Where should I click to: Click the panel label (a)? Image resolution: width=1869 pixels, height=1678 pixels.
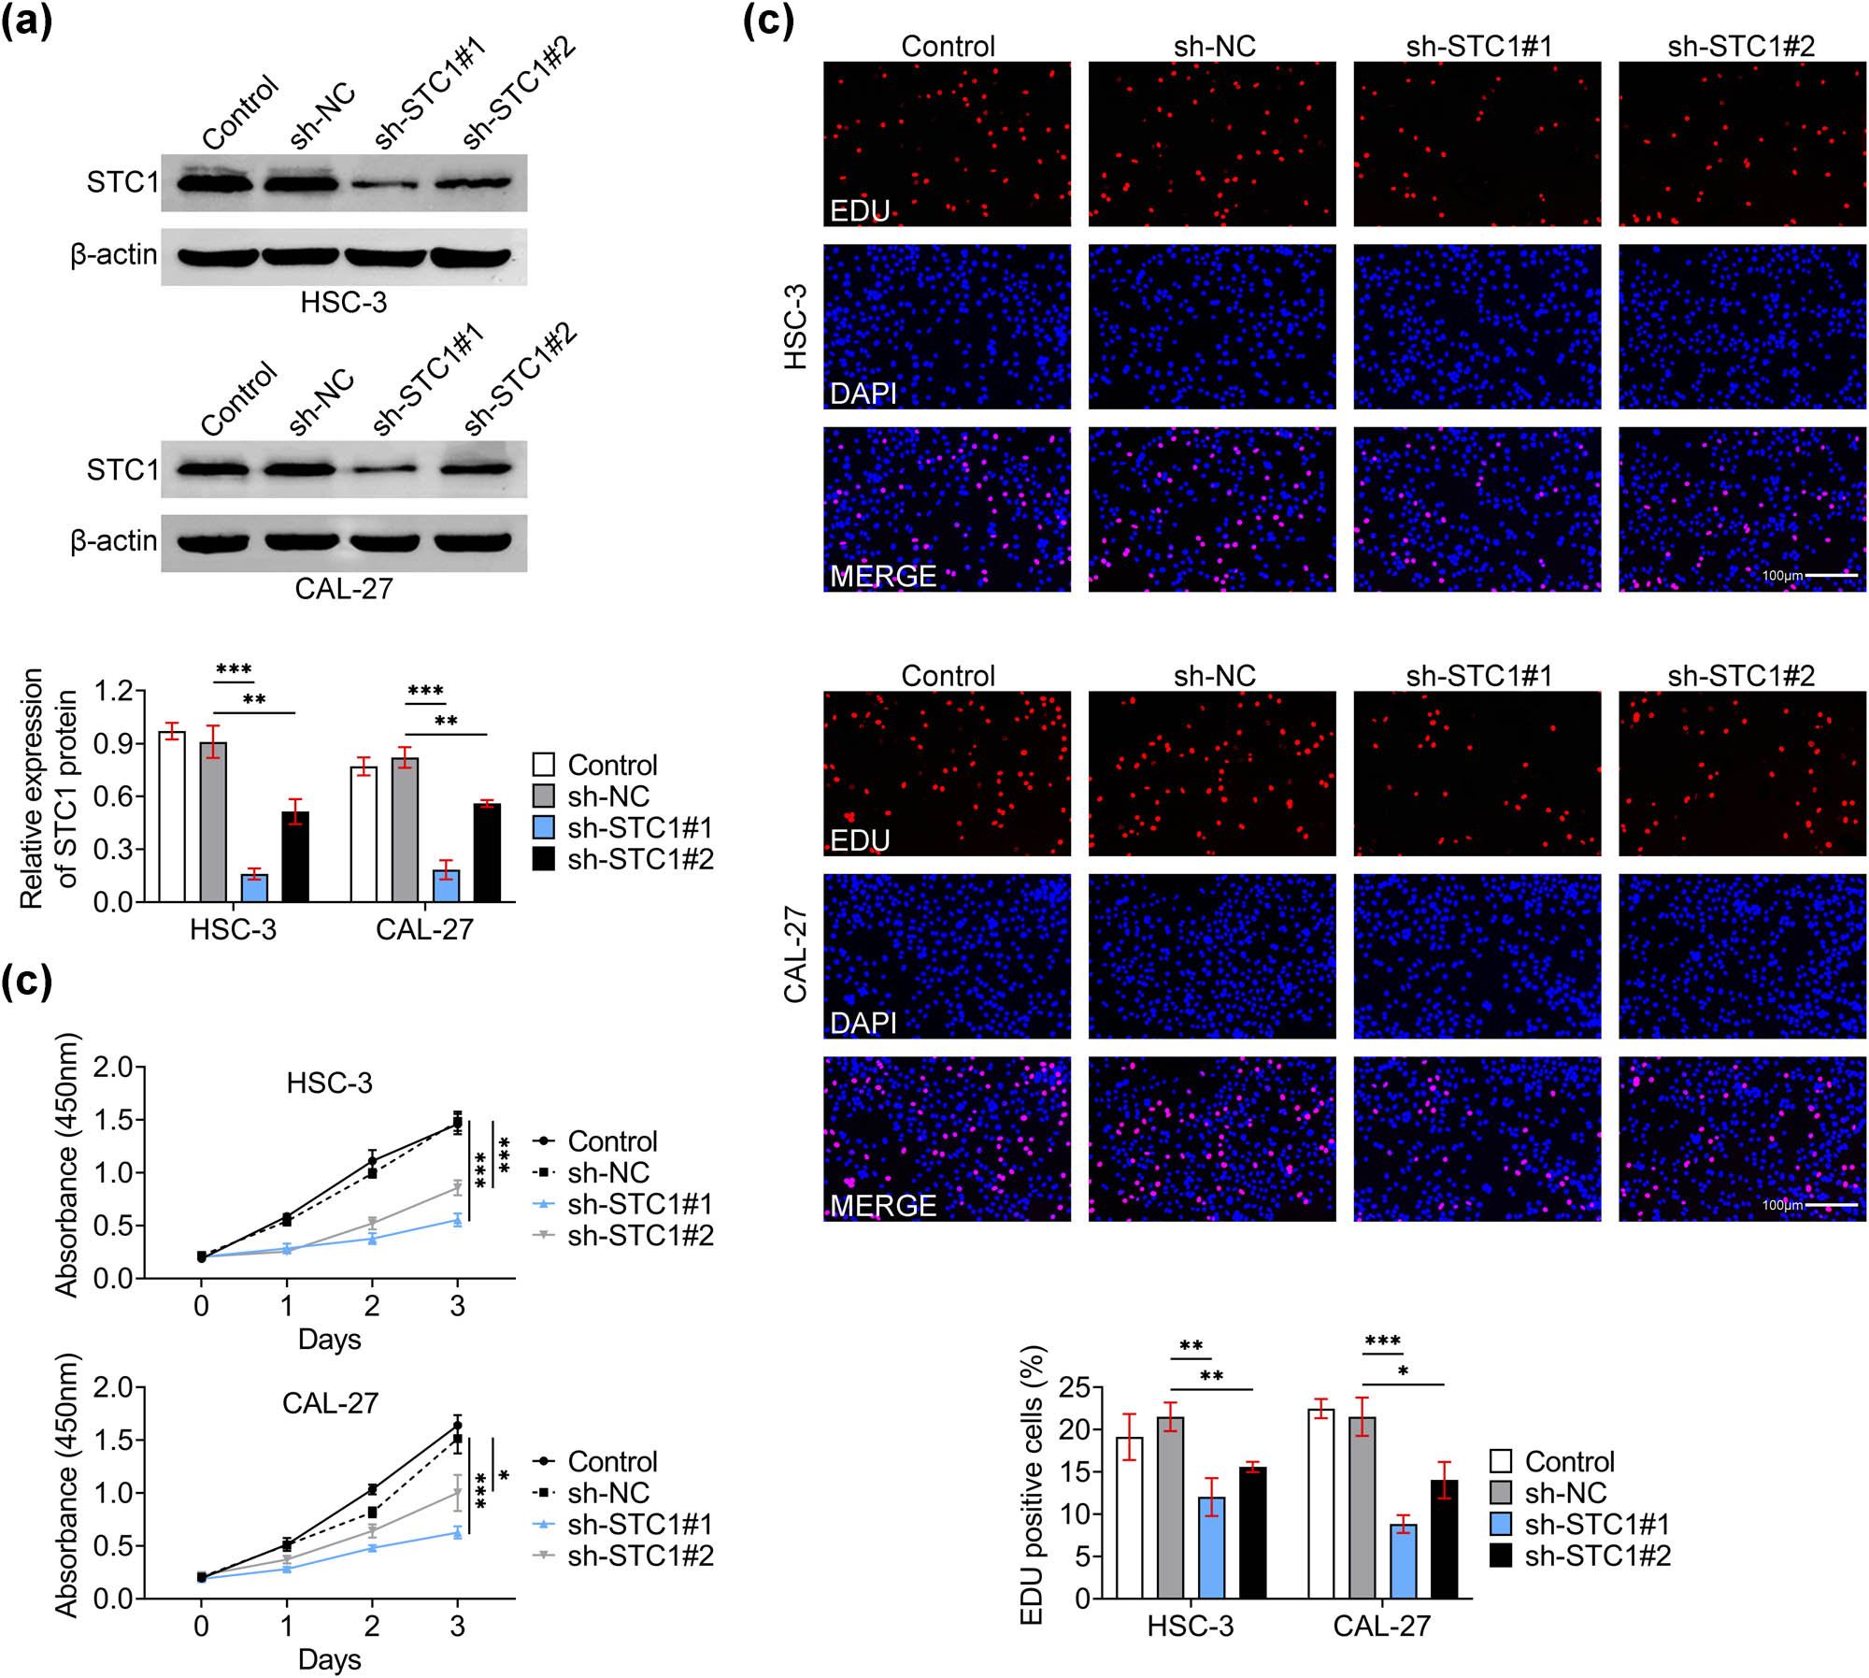26,21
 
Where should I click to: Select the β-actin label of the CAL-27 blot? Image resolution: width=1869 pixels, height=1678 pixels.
114,541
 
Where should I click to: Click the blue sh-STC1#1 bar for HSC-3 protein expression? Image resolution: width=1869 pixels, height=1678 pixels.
254,887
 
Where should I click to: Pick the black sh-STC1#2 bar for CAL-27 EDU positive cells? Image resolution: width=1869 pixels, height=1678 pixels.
1444,1540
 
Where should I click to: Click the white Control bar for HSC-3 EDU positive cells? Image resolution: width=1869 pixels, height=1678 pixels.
1129,1518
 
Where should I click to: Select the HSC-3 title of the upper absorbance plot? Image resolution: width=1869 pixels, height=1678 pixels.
329,1083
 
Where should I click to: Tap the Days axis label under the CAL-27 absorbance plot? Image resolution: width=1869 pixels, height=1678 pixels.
329,1659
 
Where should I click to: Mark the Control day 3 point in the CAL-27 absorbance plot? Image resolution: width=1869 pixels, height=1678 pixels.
457,1426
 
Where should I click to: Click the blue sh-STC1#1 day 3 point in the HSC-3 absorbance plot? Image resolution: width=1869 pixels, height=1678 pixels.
458,1220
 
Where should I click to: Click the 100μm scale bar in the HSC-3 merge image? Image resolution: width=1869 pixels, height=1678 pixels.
1831,575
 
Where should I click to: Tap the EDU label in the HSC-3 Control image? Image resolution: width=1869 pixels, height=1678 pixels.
860,211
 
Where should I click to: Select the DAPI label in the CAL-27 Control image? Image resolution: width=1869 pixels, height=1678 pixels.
863,1023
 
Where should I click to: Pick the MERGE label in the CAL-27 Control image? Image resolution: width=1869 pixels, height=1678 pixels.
882,1206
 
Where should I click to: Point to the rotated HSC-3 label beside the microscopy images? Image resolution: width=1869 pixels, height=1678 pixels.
795,327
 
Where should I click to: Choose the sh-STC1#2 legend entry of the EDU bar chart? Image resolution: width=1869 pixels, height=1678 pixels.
1579,1556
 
